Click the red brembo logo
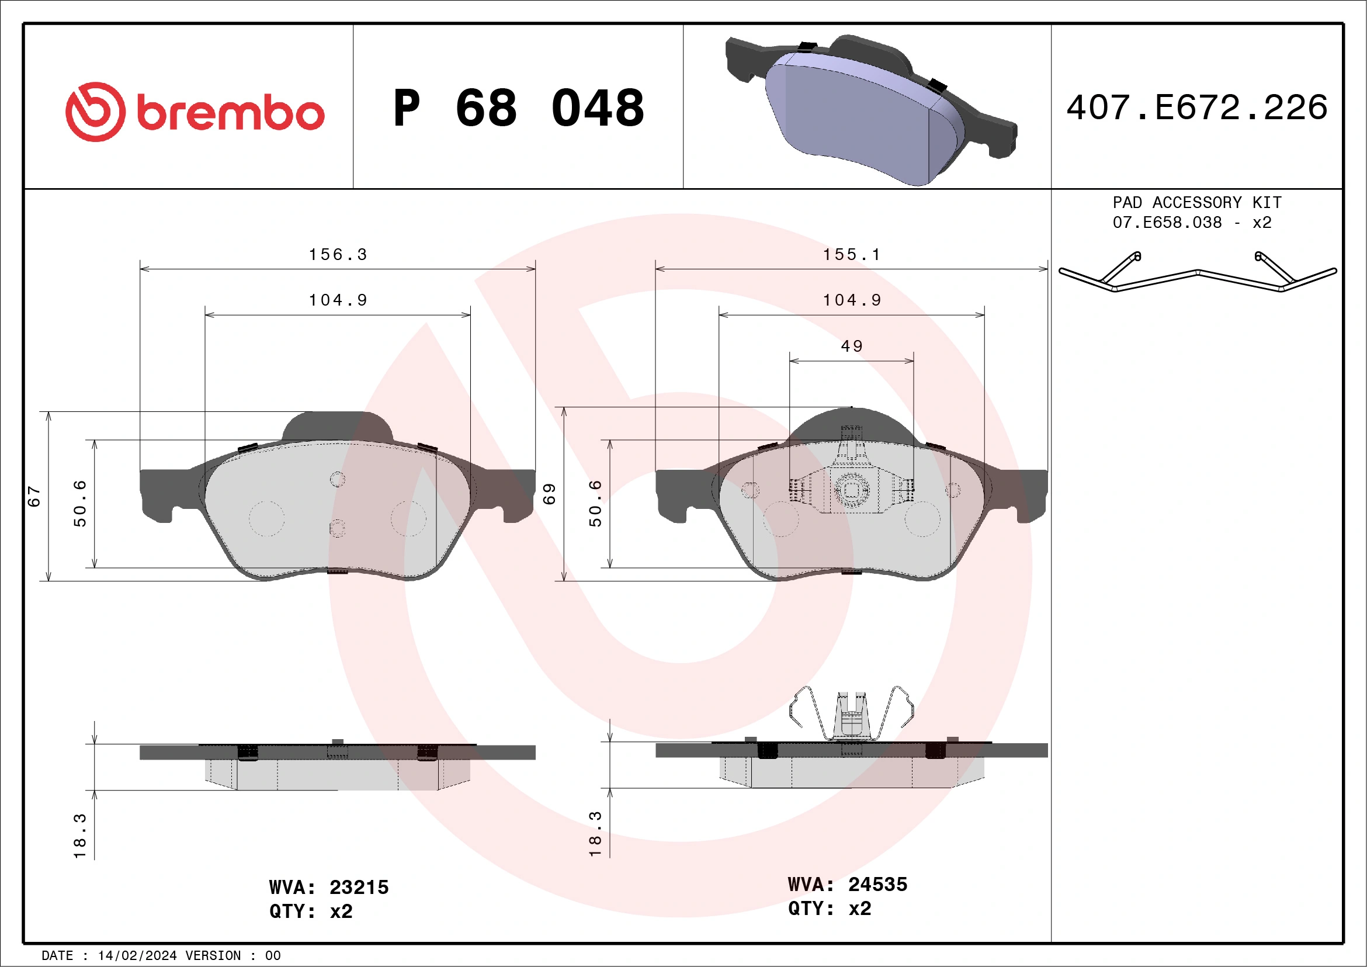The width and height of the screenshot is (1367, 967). [195, 112]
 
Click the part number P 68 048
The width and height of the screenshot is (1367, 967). [518, 108]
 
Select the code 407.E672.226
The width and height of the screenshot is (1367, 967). [1197, 108]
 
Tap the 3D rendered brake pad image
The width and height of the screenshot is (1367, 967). [869, 110]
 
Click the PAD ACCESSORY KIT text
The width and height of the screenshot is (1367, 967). [1197, 202]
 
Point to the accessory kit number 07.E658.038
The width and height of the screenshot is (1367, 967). [1167, 223]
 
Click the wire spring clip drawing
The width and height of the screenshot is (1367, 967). [1197, 274]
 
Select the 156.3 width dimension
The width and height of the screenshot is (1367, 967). [338, 255]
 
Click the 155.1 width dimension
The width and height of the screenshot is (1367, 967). [851, 255]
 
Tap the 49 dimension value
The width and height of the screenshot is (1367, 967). [851, 346]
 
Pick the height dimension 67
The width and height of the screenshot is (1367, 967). [34, 496]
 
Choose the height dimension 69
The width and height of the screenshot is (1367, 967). [549, 494]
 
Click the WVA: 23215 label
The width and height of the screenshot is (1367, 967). [329, 887]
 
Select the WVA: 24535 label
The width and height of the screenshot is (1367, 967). [847, 884]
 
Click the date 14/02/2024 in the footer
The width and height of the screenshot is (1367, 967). [137, 956]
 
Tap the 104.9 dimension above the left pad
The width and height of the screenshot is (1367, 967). [338, 300]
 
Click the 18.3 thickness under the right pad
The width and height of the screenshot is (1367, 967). [595, 834]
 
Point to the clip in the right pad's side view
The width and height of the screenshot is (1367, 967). [851, 715]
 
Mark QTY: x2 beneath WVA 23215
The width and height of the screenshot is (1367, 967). [311, 911]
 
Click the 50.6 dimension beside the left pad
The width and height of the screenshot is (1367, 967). [80, 504]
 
